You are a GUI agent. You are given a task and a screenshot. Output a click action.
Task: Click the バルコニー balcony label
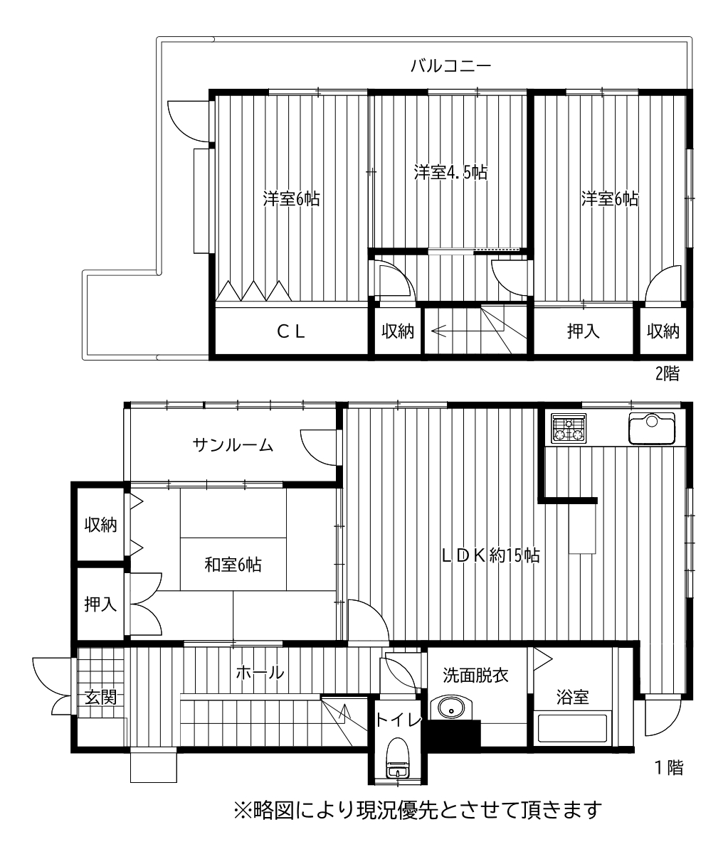click(x=451, y=65)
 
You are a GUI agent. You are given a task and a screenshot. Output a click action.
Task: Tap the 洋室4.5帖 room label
click(x=450, y=172)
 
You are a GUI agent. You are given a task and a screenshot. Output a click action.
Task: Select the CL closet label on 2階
click(x=291, y=331)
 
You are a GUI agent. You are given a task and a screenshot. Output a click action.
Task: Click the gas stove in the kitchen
click(x=569, y=429)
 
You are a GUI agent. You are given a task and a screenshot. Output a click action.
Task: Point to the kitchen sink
click(x=651, y=429)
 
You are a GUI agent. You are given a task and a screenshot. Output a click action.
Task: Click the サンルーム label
click(x=233, y=446)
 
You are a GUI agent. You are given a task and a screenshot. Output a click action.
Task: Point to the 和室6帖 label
click(x=233, y=565)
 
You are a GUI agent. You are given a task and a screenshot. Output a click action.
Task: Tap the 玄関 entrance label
click(x=100, y=698)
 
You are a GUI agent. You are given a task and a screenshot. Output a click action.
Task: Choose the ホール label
click(x=260, y=672)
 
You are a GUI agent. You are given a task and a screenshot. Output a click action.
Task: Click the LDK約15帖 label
click(x=490, y=555)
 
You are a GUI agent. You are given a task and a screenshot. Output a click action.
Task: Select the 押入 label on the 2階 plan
click(x=584, y=331)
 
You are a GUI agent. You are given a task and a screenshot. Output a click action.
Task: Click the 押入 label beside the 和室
click(x=100, y=604)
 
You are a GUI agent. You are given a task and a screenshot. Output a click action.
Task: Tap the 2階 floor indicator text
click(x=668, y=374)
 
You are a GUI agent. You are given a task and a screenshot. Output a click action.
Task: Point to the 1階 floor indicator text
click(x=669, y=769)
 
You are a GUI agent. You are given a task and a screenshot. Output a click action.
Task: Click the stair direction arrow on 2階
click(x=468, y=331)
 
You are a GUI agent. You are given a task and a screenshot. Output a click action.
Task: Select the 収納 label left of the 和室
click(x=100, y=525)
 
